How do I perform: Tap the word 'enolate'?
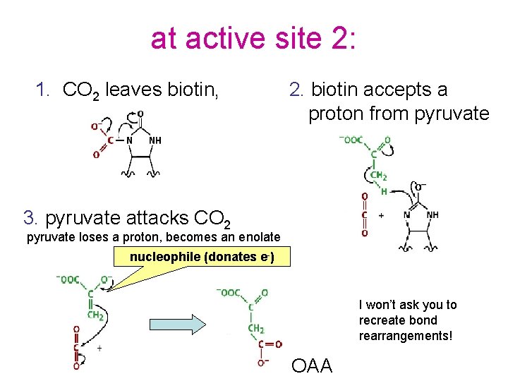click(x=258, y=238)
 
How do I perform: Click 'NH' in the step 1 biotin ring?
click(x=155, y=140)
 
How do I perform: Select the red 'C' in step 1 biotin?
click(x=111, y=140)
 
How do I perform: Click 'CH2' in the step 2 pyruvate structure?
click(x=379, y=176)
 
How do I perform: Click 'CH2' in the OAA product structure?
click(x=255, y=328)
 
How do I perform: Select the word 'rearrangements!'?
click(x=405, y=336)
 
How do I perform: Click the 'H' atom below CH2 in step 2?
click(x=384, y=191)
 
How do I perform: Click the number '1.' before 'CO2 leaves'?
click(x=44, y=90)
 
